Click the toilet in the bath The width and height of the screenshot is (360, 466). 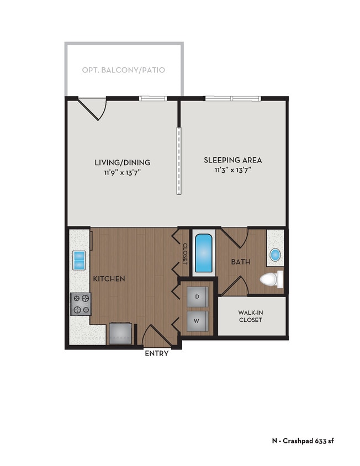point(271,279)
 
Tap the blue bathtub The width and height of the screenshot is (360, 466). point(204,253)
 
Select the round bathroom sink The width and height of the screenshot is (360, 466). point(274,255)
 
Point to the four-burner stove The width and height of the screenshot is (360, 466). point(80,303)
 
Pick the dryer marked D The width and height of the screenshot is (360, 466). point(197,297)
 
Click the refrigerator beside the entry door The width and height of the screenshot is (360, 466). point(120,333)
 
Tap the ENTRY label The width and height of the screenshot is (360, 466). point(156,354)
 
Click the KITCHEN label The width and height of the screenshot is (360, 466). point(109,279)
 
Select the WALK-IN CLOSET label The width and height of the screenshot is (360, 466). point(250,316)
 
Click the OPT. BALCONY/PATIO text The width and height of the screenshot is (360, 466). point(123,70)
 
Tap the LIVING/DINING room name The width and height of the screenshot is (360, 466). point(123,162)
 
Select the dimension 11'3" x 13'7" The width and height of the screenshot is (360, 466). point(232,171)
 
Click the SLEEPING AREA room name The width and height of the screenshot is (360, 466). point(232,161)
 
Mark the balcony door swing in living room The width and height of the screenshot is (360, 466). point(92,108)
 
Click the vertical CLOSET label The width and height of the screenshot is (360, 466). point(185,254)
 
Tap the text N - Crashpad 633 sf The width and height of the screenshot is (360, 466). point(303,441)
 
